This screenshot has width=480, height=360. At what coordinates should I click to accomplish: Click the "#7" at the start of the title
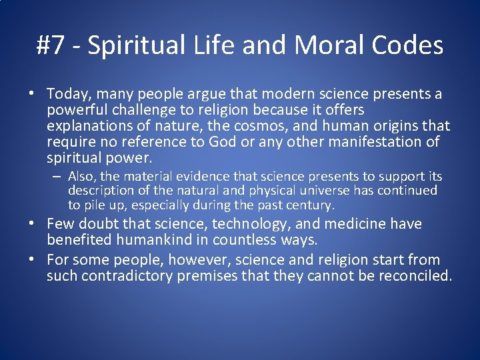(x=51, y=45)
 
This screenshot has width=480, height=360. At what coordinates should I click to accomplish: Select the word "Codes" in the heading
(x=407, y=45)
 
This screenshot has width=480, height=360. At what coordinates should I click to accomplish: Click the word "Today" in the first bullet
(x=65, y=94)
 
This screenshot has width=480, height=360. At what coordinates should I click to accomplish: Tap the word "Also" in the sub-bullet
(x=82, y=177)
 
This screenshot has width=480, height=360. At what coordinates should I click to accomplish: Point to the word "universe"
(x=324, y=191)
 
